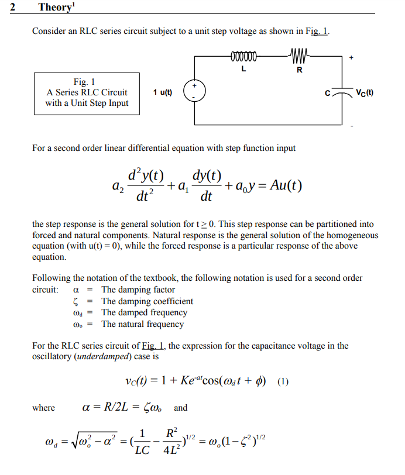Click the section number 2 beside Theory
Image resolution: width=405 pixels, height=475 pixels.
(12, 8)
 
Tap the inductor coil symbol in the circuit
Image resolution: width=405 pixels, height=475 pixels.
(243, 57)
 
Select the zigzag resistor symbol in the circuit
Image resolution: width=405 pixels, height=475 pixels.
(300, 57)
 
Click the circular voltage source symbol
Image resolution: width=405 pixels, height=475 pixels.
(195, 92)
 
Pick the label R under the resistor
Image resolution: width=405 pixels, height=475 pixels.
(300, 70)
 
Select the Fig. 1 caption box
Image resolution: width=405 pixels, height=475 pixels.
(87, 93)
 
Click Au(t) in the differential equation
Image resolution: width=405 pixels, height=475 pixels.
(282, 185)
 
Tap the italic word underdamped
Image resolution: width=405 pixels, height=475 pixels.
(97, 356)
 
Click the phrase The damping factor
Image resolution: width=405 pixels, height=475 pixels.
(138, 290)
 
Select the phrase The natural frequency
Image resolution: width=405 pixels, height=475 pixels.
(142, 324)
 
